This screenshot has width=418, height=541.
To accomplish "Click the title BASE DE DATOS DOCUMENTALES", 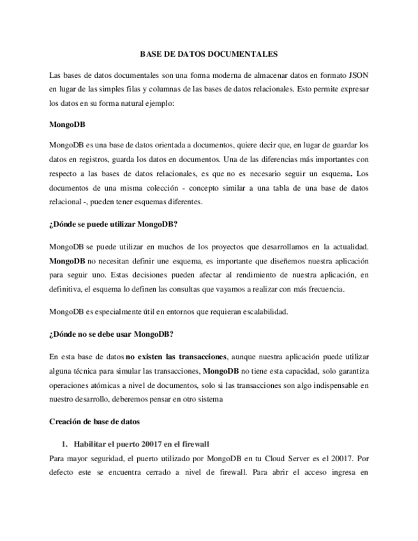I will click(x=209, y=55).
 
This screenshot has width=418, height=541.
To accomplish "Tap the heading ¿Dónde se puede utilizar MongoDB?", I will click(x=113, y=224).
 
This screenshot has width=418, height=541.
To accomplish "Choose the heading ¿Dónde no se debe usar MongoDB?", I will click(x=111, y=334).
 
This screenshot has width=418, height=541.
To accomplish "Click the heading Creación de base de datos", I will click(x=94, y=422).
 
